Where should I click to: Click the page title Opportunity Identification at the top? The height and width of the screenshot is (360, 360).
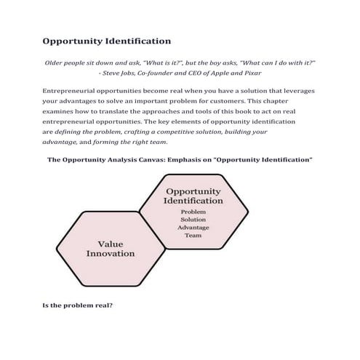106,41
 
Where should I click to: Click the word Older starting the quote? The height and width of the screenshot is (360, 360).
56,63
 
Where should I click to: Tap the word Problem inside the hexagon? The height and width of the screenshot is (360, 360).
193,212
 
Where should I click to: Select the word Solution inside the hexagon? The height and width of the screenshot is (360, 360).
193,220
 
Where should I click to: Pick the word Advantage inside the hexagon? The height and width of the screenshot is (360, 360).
193,228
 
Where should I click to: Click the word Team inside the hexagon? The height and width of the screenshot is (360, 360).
193,236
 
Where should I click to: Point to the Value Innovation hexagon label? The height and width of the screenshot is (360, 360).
111,249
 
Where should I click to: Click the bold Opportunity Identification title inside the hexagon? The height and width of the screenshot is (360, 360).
193,194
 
